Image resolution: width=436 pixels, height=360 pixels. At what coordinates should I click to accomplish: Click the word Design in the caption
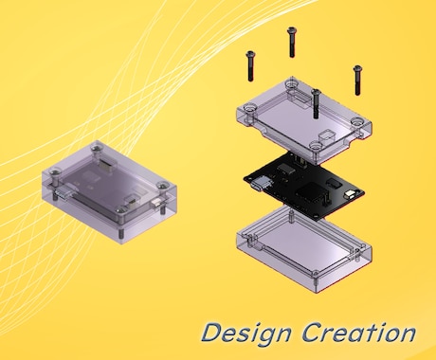(x=246, y=333)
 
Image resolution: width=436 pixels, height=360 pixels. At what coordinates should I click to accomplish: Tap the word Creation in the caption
(x=359, y=332)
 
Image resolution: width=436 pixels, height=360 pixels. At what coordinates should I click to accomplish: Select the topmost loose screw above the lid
(x=291, y=42)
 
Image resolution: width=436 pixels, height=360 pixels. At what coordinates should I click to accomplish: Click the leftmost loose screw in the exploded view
(x=250, y=65)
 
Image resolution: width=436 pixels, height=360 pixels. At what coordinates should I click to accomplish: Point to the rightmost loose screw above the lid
(x=357, y=80)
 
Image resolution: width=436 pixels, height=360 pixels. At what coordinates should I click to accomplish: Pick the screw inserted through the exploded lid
(x=316, y=103)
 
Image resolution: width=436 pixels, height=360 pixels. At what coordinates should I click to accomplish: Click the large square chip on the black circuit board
(x=310, y=193)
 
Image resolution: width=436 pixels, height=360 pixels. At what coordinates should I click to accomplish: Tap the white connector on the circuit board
(x=351, y=194)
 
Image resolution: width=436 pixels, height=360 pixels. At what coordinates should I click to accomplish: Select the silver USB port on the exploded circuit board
(x=260, y=184)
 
